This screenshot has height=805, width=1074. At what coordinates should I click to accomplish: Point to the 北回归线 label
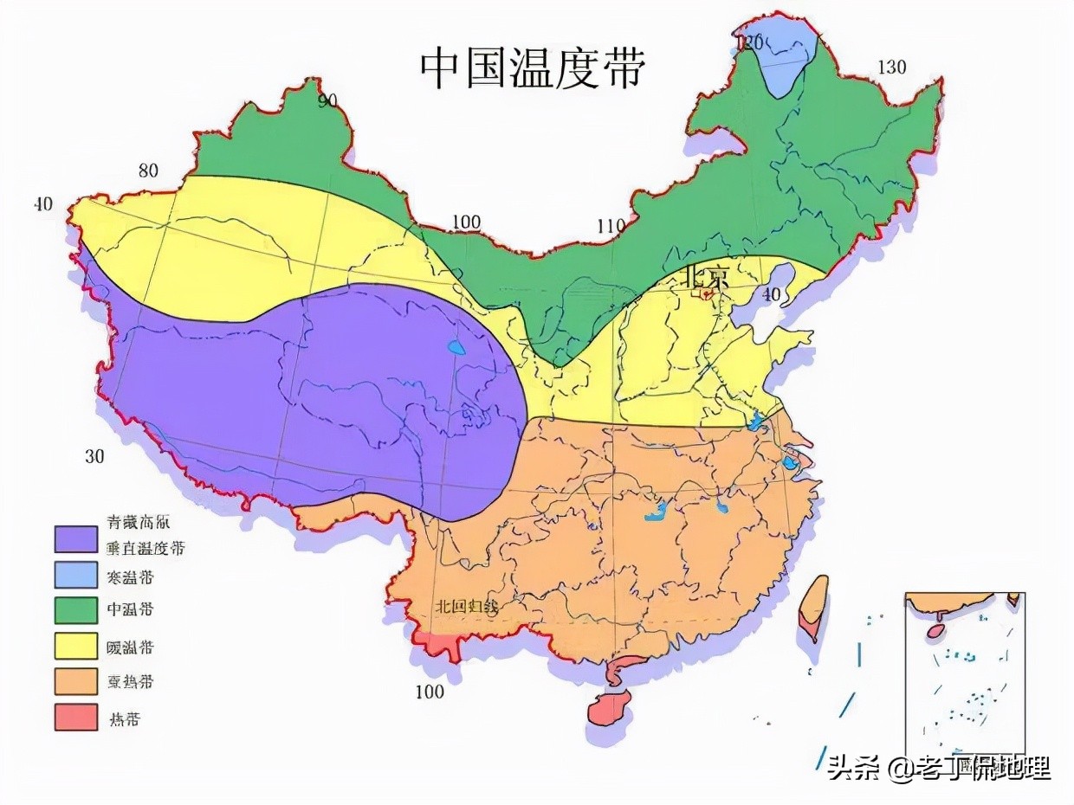click(x=467, y=606)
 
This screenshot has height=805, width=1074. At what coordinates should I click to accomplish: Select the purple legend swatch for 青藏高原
click(x=76, y=539)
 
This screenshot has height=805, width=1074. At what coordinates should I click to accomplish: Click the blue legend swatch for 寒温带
click(x=76, y=575)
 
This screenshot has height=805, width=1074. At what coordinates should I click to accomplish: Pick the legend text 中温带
click(x=130, y=609)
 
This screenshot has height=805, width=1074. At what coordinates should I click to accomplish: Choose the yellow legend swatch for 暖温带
click(x=76, y=646)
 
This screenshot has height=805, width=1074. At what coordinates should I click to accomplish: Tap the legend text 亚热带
click(x=130, y=681)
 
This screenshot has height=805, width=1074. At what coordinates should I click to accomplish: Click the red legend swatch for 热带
click(x=76, y=717)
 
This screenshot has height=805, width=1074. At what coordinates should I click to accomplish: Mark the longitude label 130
click(x=891, y=68)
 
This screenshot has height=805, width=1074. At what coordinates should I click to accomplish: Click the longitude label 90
click(x=327, y=101)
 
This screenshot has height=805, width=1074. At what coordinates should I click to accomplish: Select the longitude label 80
click(x=148, y=171)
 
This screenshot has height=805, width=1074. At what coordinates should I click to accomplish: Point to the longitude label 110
click(x=611, y=227)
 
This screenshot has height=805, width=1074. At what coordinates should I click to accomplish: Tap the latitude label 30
click(x=94, y=456)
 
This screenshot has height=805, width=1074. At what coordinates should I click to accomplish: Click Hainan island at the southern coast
click(x=611, y=708)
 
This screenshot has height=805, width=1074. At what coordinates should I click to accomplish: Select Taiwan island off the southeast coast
click(x=813, y=606)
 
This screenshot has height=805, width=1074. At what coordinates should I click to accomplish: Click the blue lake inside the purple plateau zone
click(x=456, y=350)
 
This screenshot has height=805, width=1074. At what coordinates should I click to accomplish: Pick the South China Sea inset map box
click(x=965, y=675)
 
